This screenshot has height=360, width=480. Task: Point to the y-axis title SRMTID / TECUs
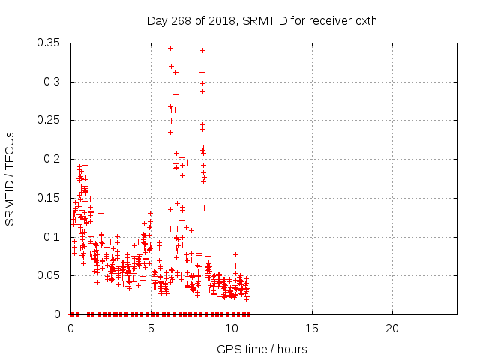coord(10,178)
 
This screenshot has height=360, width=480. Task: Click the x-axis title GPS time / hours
coord(262,349)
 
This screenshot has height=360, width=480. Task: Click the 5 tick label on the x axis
coord(151,328)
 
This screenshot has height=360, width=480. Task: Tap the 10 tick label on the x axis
coord(232,328)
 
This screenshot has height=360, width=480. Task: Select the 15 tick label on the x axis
coord(312,328)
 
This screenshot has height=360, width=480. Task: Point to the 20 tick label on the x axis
coord(392,328)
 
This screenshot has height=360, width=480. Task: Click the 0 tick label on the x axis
coord(71,328)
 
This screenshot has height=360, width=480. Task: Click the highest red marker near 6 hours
coord(170,48)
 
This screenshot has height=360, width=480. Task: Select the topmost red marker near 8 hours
coord(202,50)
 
